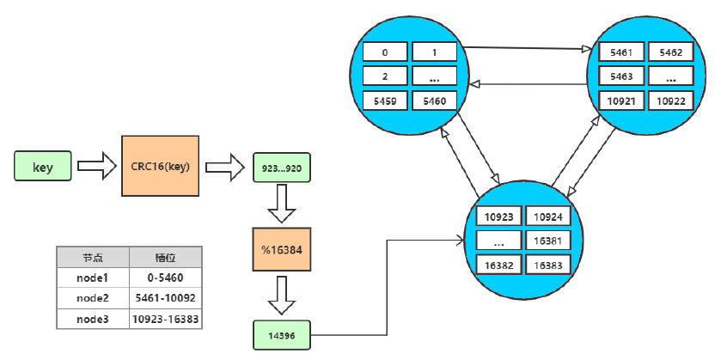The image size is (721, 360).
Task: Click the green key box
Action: (43, 167)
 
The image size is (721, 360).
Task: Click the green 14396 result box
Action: (282, 334)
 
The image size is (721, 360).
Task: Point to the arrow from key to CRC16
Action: (91, 166)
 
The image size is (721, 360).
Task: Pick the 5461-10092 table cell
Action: (166, 297)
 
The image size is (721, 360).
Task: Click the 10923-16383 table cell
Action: (166, 318)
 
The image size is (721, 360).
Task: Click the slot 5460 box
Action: (435, 101)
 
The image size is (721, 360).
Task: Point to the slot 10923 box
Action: (499, 218)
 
